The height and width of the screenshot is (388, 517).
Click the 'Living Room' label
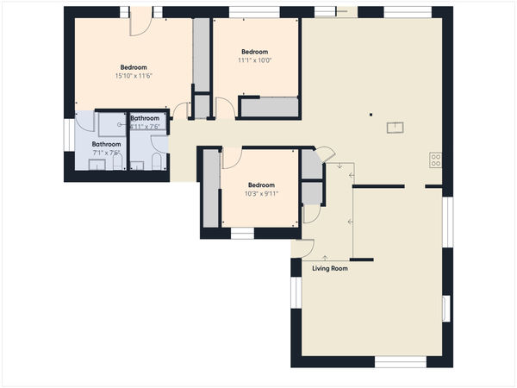[330, 269]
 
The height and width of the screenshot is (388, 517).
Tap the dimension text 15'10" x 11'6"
[133, 77]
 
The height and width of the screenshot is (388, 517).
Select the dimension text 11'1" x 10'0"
[254, 60]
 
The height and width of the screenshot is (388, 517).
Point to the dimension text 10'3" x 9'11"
[261, 194]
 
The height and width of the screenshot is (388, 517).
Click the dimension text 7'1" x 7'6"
[106, 153]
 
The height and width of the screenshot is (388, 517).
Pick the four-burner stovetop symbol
[436, 160]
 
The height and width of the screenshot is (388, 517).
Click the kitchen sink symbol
[395, 128]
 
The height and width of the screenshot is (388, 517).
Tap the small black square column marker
[371, 113]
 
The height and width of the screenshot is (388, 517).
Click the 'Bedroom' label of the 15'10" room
[133, 67]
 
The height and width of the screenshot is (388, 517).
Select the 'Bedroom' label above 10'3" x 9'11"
[261, 185]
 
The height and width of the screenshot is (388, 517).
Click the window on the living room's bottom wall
[400, 362]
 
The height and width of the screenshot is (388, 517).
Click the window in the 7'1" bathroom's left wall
[68, 135]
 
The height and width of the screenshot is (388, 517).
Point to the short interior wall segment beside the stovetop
[433, 185]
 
